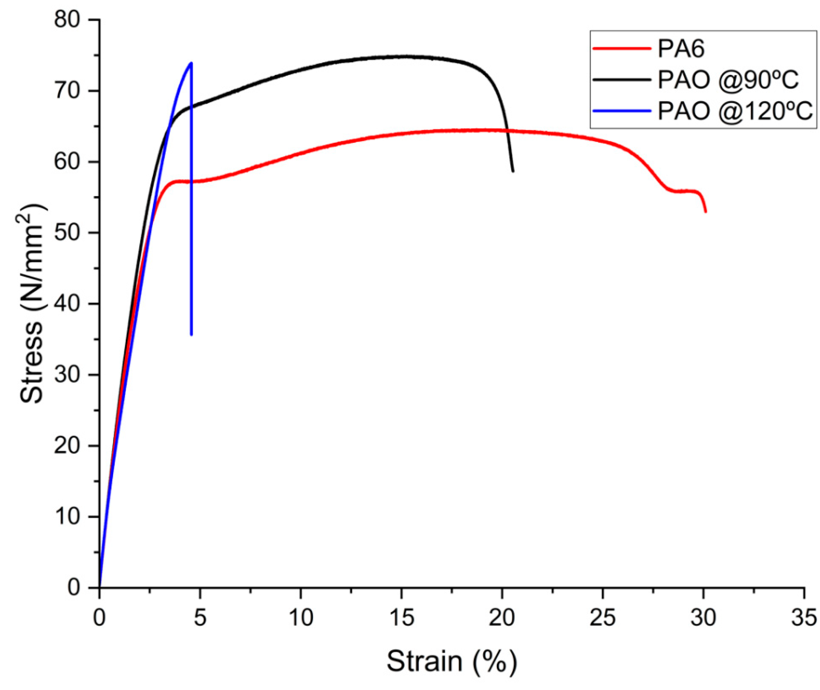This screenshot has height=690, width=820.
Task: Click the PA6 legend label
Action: coord(681,49)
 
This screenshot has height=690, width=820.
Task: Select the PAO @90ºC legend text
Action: coord(728,80)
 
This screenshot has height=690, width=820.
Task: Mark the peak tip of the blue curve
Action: coord(191,63)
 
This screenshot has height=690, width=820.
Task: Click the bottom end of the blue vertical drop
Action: coord(191,335)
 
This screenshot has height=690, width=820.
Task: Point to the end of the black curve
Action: coord(513,171)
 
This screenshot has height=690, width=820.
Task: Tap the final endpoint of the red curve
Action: coord(706,212)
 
